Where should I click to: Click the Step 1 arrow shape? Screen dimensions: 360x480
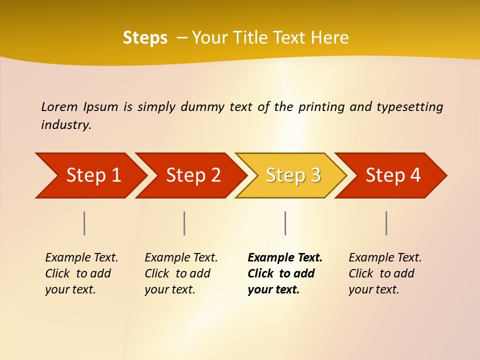point(92,175)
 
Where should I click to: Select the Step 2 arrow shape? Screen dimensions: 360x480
point(192,175)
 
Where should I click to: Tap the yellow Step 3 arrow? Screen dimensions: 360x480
point(292,175)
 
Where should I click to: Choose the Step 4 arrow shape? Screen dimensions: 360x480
point(392,175)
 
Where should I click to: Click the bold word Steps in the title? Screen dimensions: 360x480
point(145,38)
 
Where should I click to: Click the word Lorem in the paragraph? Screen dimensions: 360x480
point(59,107)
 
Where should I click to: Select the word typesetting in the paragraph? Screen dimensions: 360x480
point(409,107)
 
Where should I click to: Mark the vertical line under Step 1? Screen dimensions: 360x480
point(84,223)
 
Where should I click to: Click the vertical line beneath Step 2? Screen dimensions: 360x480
point(184,223)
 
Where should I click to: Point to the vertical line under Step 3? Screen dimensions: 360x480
point(285,223)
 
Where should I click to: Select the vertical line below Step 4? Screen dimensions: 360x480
point(386,223)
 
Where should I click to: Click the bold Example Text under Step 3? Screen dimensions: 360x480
point(285,258)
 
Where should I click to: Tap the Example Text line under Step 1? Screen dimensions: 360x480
point(81,258)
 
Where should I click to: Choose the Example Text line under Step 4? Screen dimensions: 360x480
point(385,258)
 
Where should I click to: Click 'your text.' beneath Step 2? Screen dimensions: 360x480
point(169,289)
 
